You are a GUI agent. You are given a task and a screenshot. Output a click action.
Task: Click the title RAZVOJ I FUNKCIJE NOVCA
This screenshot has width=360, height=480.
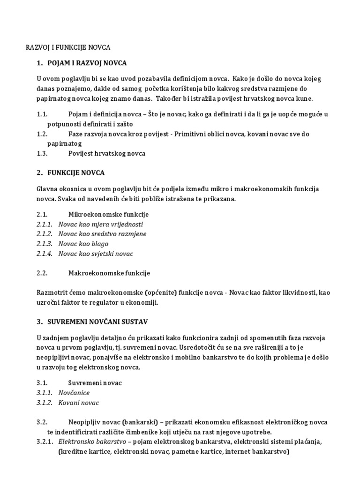[67, 47]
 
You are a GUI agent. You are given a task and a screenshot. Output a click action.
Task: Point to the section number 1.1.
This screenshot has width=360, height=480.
[42, 114]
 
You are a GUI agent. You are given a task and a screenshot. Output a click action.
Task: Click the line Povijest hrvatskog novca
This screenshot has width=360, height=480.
[106, 153]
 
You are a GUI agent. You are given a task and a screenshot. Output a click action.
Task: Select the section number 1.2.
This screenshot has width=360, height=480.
[42, 134]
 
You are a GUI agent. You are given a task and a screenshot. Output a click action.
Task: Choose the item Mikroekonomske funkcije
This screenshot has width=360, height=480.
[108, 214]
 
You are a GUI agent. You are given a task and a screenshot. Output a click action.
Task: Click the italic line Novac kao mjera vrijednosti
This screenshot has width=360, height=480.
[100, 224]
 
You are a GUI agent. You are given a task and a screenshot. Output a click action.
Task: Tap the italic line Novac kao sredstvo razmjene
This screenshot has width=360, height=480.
[102, 234]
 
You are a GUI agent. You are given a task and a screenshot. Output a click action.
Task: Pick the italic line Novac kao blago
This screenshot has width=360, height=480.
[83, 244]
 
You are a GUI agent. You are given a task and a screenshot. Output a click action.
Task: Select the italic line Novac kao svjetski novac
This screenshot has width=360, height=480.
[96, 254]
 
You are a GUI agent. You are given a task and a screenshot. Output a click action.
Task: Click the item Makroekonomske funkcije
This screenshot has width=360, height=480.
[109, 273]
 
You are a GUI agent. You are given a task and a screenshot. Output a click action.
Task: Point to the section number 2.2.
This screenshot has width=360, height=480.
[42, 273]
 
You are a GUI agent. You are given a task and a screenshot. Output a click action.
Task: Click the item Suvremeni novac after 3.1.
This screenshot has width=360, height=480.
[95, 383]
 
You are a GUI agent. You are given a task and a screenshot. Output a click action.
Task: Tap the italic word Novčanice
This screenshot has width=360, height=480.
[74, 393]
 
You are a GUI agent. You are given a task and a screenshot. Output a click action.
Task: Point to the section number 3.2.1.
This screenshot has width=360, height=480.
[45, 442]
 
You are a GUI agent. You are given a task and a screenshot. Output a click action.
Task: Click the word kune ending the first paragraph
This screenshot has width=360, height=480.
[304, 99]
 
